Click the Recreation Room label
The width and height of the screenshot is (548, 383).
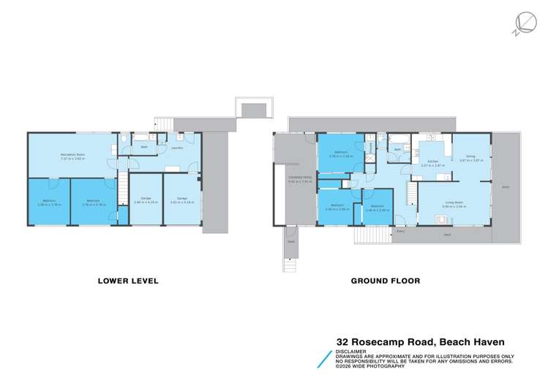[70, 155]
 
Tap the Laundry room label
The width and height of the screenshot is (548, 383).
[176, 148]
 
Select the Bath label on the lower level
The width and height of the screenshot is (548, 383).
[145, 148]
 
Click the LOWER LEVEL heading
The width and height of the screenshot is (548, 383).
[129, 280]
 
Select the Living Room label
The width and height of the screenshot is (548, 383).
[454, 204]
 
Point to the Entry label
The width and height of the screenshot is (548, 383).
[400, 232]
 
